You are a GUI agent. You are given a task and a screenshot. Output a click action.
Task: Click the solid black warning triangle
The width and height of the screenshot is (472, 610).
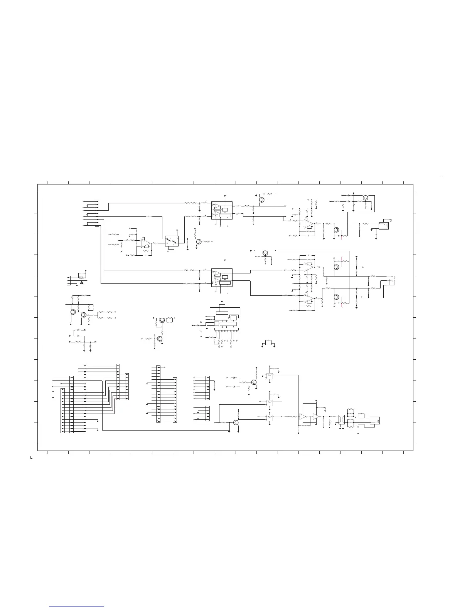tap(82, 283)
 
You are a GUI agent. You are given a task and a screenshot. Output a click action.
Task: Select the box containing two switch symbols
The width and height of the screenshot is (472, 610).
tap(172, 241)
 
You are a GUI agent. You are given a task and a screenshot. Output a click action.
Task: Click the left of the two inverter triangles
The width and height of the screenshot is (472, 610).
tap(302, 417)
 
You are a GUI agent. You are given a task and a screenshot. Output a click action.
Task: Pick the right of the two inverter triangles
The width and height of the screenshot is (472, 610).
tap(316, 417)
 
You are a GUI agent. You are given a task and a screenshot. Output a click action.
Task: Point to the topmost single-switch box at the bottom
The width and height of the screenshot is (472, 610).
tap(270, 376)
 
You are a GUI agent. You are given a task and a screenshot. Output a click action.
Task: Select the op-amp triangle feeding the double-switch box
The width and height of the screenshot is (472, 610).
tap(146, 243)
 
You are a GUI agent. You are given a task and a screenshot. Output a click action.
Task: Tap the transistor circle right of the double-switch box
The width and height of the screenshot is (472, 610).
tap(199, 241)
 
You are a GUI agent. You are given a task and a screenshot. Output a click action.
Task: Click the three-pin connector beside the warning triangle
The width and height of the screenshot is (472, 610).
tap(69, 280)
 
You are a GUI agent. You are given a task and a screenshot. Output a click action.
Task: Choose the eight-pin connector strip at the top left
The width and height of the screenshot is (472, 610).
tap(97, 213)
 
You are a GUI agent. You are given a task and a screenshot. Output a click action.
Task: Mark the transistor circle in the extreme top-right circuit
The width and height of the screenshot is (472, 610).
tap(366, 198)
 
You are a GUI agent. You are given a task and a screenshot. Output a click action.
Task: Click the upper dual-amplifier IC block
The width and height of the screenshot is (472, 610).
tap(222, 210)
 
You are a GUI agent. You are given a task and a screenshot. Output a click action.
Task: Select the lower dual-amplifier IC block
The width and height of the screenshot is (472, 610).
tap(222, 277)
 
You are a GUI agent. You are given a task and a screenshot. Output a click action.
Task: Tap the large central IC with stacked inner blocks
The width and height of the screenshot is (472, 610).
tap(225, 320)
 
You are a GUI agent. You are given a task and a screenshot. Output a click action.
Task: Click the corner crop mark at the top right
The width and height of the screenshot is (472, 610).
tap(441, 178)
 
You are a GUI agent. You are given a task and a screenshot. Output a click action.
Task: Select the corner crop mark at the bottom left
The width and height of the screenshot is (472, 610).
tap(31, 457)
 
